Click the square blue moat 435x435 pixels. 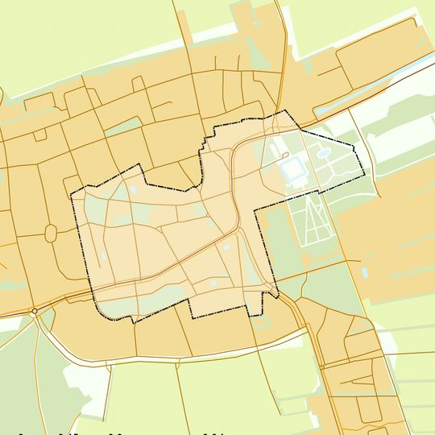(x=292, y=169)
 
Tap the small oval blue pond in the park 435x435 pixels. (x=323, y=151)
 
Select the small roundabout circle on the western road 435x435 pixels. (x=35, y=311)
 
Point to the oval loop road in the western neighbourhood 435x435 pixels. (x=51, y=234)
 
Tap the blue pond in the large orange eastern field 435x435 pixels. (x=366, y=275)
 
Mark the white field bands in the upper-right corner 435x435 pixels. (x=395, y=121)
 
